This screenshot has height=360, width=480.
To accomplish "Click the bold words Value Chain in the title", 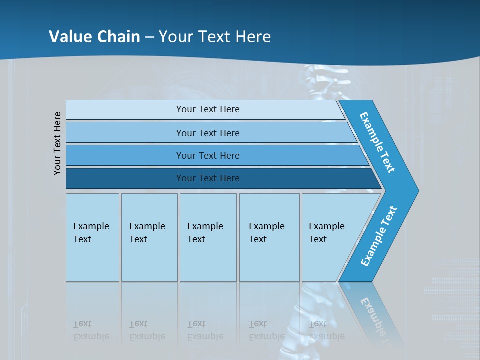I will [94, 36].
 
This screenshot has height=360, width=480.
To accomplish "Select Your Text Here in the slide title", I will [215, 36].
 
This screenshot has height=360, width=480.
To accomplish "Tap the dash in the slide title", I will [149, 37].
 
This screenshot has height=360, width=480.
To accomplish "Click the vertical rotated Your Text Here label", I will [58, 144].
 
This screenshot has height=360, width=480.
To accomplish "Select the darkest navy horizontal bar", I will [207, 178].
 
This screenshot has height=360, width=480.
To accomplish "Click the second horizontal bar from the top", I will [207, 133].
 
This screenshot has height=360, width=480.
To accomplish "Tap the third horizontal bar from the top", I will [207, 155].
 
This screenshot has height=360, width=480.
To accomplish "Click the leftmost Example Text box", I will [92, 237].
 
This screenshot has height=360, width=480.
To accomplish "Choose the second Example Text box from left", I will [149, 237].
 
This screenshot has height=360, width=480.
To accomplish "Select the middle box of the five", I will [208, 237].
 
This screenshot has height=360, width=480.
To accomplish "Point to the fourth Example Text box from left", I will [269, 237].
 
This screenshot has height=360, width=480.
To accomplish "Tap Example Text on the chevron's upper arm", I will [377, 142].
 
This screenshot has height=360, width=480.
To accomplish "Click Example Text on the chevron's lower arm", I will [379, 236].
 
